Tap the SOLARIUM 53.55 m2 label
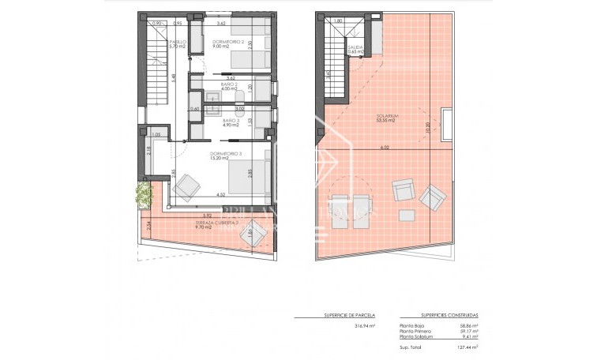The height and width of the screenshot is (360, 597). click(385, 118)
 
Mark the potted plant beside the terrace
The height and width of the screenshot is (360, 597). click(144, 193)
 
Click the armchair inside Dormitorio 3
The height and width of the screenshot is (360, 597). click(187, 186)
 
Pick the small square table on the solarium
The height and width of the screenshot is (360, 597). click(407, 215)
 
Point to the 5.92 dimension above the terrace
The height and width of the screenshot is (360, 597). click(208, 216)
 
